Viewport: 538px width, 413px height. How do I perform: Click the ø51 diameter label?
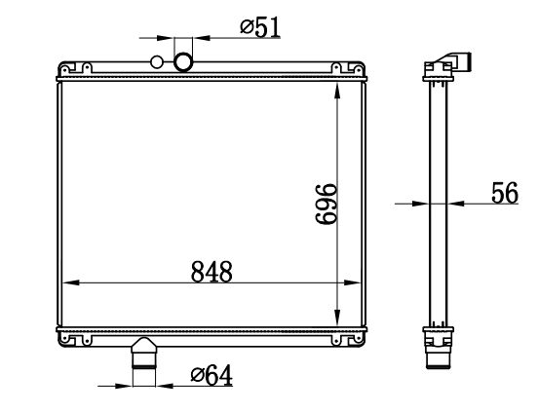(260, 27)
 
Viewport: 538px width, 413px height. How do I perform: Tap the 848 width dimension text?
(211, 272)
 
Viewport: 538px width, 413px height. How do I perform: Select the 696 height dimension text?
(326, 205)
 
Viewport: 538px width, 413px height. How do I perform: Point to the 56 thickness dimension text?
(505, 193)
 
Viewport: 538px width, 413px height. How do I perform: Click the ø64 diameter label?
(211, 375)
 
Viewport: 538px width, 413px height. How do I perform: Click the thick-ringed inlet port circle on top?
(183, 61)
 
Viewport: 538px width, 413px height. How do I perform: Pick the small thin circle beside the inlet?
(157, 62)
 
